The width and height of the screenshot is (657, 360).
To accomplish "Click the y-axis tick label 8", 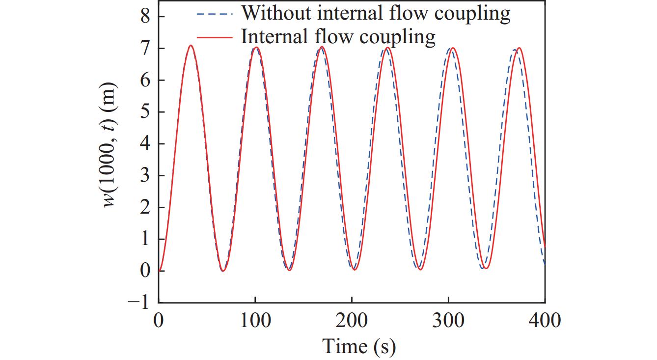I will tap(146, 17).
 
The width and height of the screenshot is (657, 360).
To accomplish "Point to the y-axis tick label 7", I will tap(146, 49).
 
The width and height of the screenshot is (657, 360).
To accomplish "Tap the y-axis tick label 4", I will tap(146, 144).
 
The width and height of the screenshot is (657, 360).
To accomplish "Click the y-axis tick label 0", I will tap(146, 271).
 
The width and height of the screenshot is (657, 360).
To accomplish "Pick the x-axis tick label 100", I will tap(255, 321).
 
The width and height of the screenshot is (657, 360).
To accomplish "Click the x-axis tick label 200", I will tap(352, 321).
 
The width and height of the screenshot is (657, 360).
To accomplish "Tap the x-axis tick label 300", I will tap(448, 321).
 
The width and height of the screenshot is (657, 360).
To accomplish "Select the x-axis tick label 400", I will tap(545, 321).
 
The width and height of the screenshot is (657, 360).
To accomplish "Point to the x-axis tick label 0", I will tap(159, 321).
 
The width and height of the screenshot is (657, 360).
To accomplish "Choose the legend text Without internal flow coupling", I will tap(376, 13).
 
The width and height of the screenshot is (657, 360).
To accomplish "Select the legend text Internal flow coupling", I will tap(338, 37).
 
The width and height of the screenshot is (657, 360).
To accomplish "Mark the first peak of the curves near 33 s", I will tap(191, 46).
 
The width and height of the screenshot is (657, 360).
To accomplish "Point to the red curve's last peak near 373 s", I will tap(519, 48).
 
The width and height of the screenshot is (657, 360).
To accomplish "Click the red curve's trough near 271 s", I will tap(420, 269).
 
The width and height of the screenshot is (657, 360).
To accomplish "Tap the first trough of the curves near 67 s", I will tap(223, 271).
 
